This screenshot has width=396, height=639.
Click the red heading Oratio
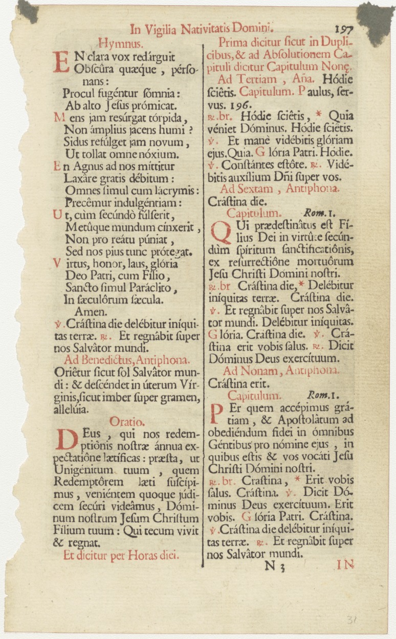pos(127,421)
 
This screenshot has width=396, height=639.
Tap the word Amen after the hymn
pos(91,311)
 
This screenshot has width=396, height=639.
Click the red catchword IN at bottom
pos(345,565)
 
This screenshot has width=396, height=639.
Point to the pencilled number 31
pos(351,620)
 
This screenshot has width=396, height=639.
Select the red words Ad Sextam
pos(244,189)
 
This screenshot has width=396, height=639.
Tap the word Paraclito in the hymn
pos(149,288)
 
